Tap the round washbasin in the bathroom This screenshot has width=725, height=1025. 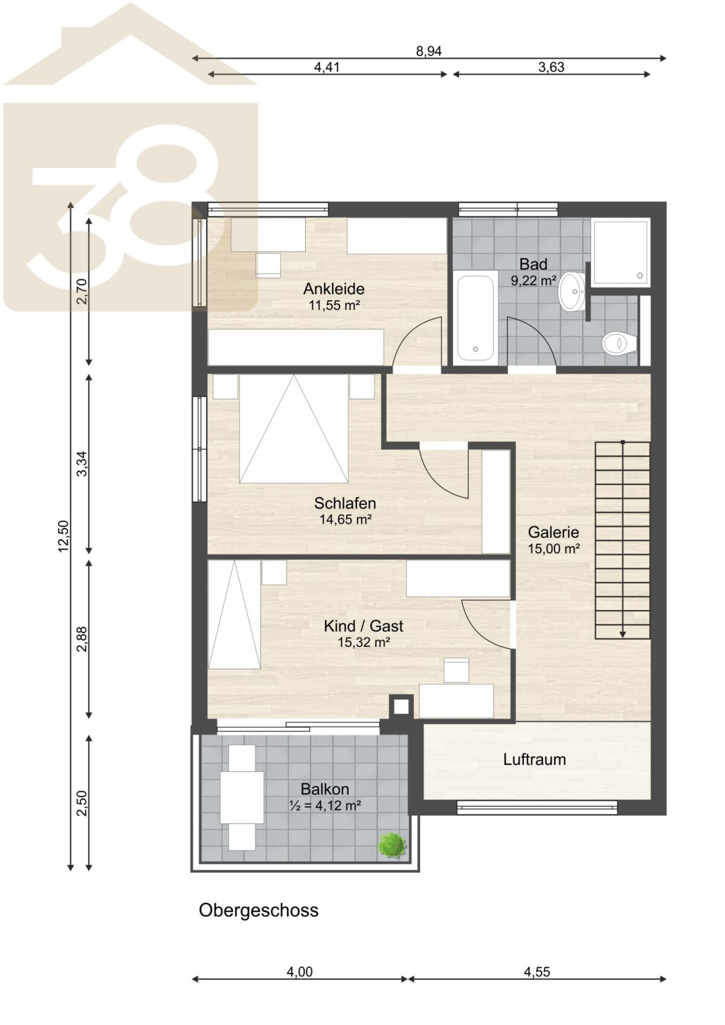[572, 291]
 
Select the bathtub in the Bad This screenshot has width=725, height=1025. [475, 318]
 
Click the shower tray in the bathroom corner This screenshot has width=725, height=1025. [620, 252]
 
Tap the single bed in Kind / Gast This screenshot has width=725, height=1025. [234, 614]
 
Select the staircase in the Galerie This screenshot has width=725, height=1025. [622, 540]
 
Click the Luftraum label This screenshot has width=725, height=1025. [534, 759]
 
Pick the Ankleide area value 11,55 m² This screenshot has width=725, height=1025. [334, 305]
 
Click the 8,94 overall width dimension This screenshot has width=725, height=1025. [428, 51]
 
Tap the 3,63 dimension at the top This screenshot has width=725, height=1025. [551, 67]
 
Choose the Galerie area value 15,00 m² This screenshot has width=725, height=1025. [554, 548]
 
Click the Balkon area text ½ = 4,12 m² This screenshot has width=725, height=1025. [325, 805]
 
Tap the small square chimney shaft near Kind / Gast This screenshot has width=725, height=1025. [401, 707]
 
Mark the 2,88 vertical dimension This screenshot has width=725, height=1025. [82, 639]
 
